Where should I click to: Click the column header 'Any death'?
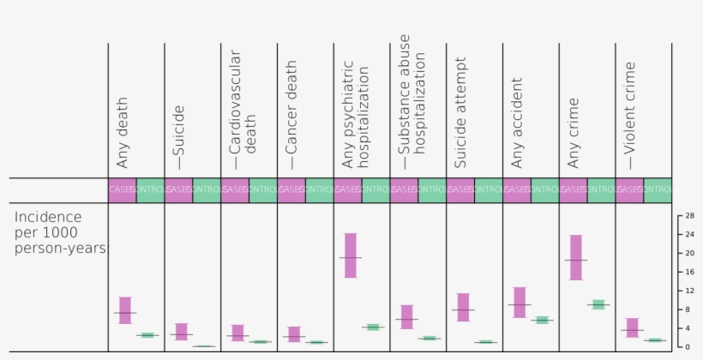click(x=122, y=132)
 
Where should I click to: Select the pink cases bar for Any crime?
click(x=576, y=257)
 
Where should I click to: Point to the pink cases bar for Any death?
click(x=125, y=310)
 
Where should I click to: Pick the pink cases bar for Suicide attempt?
click(x=463, y=307)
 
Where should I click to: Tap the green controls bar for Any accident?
click(x=541, y=320)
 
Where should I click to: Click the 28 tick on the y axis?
click(x=688, y=216)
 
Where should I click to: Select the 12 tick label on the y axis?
click(x=688, y=291)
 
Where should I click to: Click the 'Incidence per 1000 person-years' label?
click(x=60, y=232)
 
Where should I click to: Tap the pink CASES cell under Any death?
click(x=122, y=189)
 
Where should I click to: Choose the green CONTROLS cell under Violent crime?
click(x=658, y=189)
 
